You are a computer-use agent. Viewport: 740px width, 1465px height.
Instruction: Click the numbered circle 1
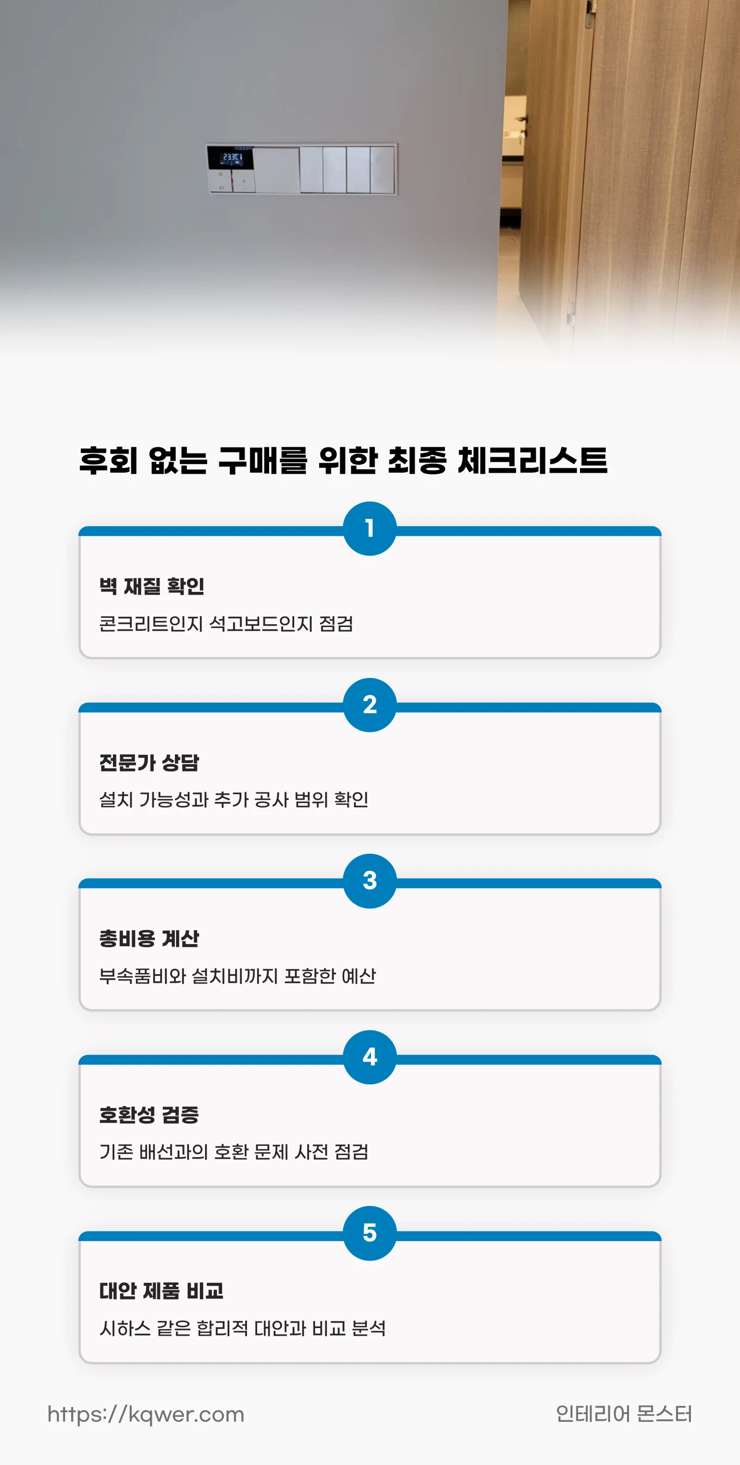click(x=370, y=528)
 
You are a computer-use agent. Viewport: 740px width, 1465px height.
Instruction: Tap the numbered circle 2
click(x=370, y=705)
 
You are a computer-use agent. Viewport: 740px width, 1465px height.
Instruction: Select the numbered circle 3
click(x=370, y=881)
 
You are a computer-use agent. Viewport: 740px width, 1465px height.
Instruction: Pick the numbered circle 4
click(x=370, y=1057)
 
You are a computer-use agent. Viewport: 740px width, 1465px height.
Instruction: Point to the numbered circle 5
click(x=370, y=1233)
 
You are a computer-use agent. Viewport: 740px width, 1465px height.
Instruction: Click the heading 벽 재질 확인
click(x=152, y=586)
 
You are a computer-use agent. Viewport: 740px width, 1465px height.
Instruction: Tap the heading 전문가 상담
click(x=149, y=763)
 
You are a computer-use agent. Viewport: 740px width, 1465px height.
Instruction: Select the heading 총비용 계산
click(x=149, y=938)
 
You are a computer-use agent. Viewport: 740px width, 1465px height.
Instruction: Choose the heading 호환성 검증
click(x=149, y=1115)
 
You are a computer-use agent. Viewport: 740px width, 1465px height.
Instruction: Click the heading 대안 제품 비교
click(x=161, y=1291)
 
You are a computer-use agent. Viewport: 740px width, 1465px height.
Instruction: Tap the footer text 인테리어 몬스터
click(x=623, y=1414)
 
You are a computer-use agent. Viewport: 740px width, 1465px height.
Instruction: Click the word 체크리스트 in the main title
click(x=532, y=461)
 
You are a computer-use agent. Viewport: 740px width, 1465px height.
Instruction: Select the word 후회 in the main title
click(x=108, y=461)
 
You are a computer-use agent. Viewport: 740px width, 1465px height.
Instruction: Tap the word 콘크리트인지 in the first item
click(x=151, y=624)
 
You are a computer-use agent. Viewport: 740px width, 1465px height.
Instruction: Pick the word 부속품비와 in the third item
click(x=142, y=976)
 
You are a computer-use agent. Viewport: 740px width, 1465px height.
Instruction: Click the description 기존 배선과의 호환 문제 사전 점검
click(x=234, y=1152)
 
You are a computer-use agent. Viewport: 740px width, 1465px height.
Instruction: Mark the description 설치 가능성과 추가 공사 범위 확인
click(x=234, y=800)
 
